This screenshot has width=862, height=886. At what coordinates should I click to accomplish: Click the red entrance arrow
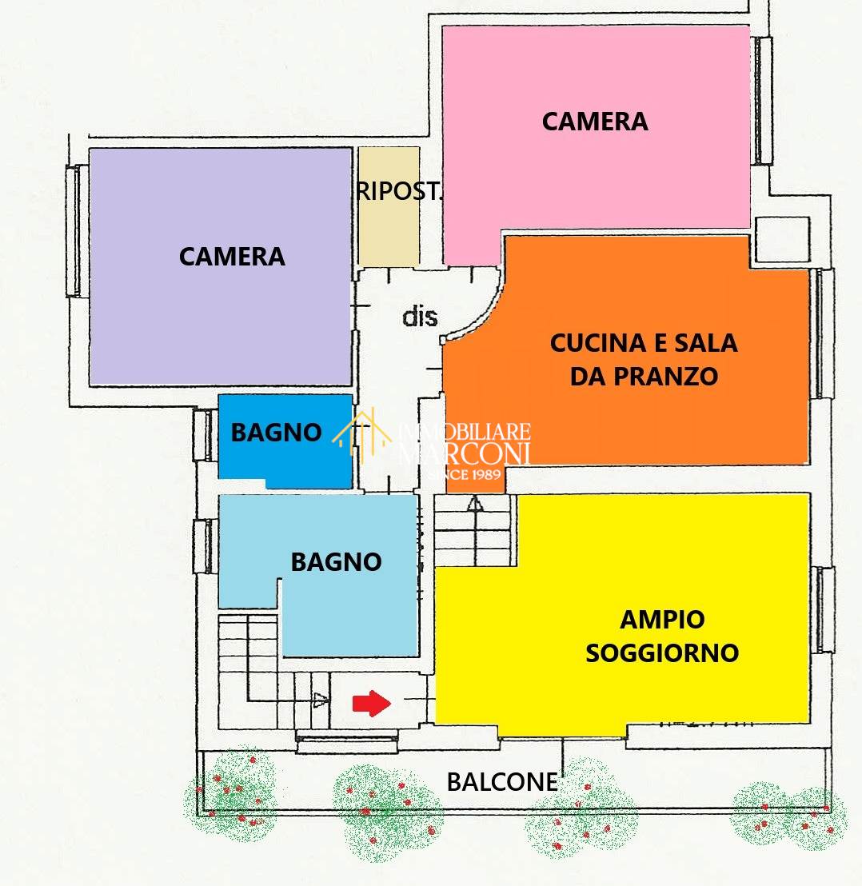coord(372,704)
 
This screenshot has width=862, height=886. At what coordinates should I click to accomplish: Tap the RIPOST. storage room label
coord(400,192)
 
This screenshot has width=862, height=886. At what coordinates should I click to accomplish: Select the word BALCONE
coord(502,782)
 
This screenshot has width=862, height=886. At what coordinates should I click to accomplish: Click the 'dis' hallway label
coord(420,317)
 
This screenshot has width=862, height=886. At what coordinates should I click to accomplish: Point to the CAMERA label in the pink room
coord(595,122)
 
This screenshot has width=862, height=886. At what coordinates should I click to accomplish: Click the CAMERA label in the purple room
coord(232,257)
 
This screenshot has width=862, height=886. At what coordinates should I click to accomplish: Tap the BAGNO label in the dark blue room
coord(276,433)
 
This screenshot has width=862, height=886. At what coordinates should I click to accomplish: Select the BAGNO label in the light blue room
coord(336,562)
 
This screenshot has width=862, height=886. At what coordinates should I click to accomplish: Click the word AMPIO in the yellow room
coord(662,620)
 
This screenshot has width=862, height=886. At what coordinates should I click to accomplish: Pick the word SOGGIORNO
coord(662,653)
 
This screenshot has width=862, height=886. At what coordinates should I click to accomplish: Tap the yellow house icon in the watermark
coord(361,433)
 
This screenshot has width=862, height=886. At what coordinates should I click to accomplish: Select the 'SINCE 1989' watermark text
coord(465,474)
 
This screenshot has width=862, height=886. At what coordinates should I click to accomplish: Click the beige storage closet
coord(389,206)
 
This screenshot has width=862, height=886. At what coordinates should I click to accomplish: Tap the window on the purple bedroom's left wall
coord(74,230)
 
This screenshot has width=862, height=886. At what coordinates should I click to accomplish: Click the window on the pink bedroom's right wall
coord(764,101)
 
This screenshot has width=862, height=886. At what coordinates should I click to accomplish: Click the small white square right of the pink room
coord(782,239)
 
